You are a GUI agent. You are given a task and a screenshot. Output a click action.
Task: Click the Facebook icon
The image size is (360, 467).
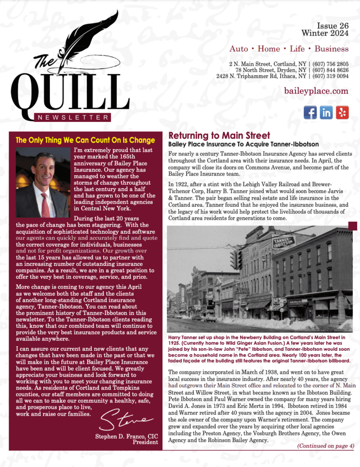tap(311, 112)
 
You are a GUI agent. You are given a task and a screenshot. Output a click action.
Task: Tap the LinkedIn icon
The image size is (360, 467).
tap(326, 112)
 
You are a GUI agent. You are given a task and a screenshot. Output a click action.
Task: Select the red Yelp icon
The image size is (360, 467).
tap(342, 112)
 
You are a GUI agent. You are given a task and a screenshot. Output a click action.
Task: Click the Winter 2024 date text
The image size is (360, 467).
tap(325, 33)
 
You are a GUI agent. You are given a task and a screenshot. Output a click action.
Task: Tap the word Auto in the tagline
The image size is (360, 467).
tap(239, 49)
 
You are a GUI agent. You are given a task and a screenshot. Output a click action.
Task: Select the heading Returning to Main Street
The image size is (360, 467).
tap(219, 136)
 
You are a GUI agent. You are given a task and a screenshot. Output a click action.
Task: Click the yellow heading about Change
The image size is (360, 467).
tap(85, 141)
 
